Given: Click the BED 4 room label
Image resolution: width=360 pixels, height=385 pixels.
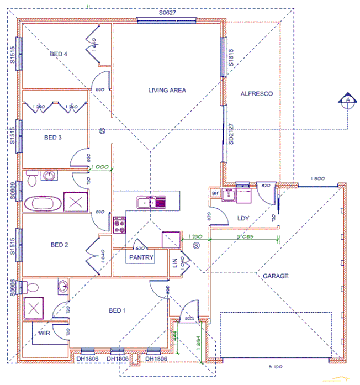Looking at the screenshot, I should point(59,54).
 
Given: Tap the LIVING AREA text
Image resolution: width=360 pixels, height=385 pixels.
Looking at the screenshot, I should point(167,90).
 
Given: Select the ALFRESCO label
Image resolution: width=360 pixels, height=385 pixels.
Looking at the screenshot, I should point(257,94).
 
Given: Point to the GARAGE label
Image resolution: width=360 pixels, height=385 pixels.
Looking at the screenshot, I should point(276,276).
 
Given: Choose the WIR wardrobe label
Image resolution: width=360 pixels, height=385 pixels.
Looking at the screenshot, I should point(45,333).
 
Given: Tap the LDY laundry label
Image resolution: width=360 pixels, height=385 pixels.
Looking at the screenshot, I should point(243,218).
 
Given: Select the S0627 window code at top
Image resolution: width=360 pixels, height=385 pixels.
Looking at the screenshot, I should point(169,12).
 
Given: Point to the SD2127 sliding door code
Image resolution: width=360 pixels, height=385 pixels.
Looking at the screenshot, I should point(231,133).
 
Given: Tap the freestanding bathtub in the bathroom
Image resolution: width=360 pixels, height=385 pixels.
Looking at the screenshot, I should point(42,203).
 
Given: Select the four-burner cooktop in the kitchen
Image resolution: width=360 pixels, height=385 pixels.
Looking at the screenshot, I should point(120,224).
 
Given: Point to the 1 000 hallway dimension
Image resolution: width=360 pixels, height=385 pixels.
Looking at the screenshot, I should point(100,166).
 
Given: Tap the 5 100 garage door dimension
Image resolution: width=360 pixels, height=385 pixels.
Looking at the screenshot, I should point(275,366).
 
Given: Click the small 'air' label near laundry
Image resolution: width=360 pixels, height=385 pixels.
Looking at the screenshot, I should point(215,193).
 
